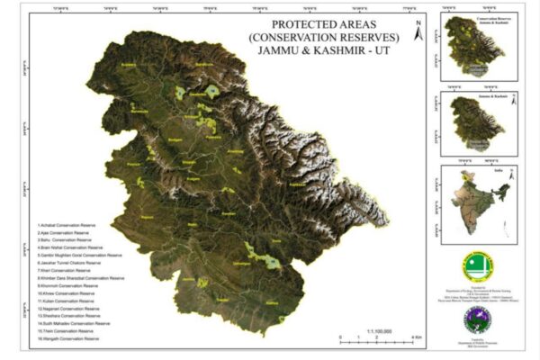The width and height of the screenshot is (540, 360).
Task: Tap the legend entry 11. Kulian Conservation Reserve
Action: pos(67,301)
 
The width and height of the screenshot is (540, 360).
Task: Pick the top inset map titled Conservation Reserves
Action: pos(476,45)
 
